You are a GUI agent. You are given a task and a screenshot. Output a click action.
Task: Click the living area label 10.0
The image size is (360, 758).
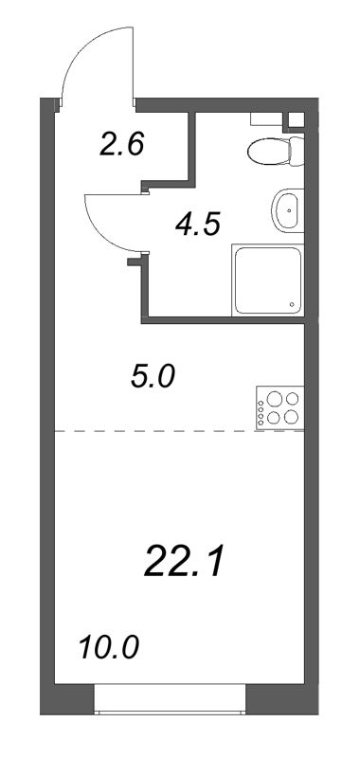point(108,650)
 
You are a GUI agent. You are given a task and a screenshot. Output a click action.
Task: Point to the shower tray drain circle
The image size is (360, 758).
point(291,305)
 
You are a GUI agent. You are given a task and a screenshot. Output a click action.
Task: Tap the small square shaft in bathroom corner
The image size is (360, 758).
point(296,120)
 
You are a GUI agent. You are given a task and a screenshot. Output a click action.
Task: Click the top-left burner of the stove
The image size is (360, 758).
point(274,399)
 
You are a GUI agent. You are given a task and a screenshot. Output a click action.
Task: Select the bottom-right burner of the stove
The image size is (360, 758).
point(291,417)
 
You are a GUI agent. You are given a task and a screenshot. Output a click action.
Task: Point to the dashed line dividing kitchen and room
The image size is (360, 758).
point(152,432)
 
